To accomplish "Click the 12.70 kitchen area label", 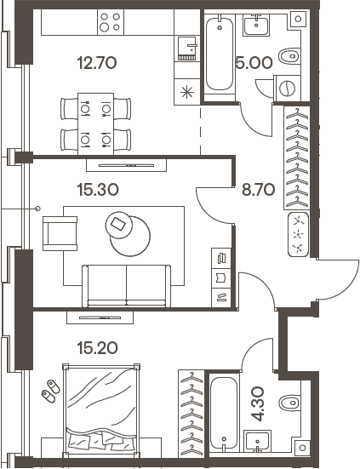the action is [96, 63].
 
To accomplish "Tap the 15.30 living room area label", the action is [98, 190].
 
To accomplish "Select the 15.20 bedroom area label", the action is [97, 348].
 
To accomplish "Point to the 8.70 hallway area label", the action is [259, 190].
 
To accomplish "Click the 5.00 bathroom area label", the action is [254, 63].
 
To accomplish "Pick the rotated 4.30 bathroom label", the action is [257, 403].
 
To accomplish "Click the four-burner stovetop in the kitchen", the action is [111, 22].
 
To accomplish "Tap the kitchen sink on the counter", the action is [187, 49].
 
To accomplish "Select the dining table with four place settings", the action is [95, 123].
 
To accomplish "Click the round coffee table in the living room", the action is [130, 237].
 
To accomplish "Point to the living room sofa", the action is [126, 286].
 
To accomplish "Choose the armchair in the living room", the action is [60, 233].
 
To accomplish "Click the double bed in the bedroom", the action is [101, 410].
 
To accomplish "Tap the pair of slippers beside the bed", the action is [50, 391].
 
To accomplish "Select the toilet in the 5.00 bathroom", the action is [289, 56].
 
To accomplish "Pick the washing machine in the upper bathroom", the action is [287, 89].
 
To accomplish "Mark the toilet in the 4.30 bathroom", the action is [290, 403].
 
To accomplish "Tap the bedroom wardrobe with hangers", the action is [191, 414].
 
